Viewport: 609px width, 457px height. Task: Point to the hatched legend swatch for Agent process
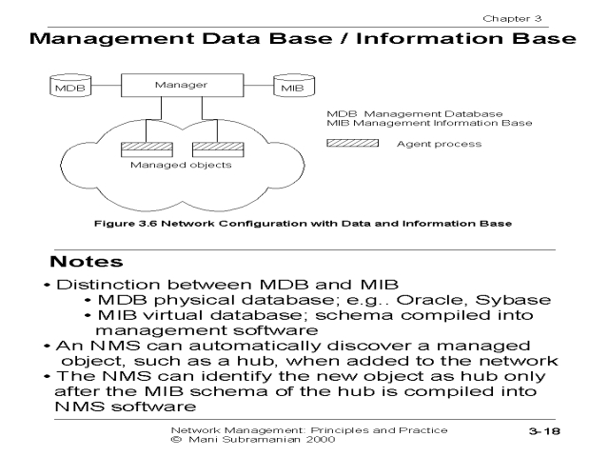click(352, 144)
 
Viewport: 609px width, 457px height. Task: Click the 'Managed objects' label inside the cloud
click(167, 164)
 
